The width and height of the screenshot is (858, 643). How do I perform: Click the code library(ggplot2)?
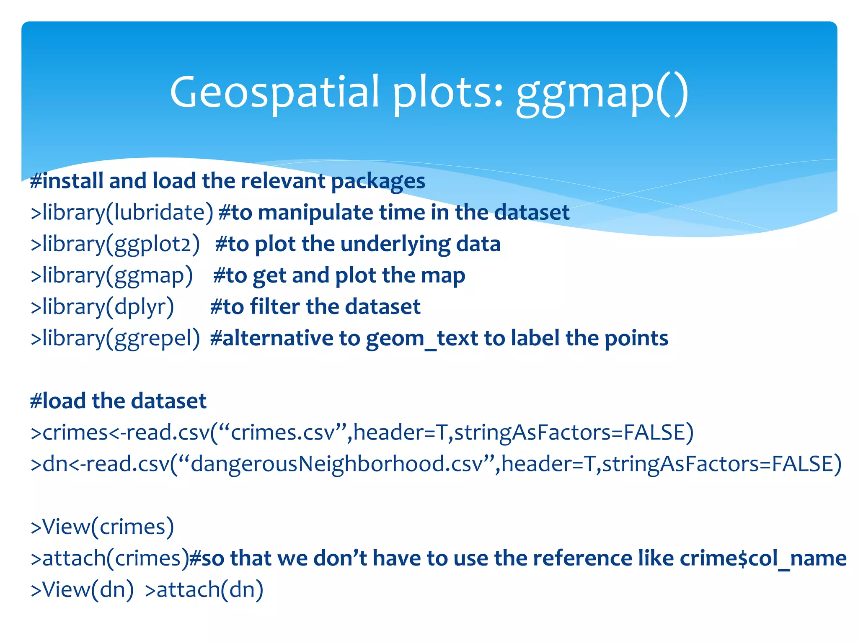116,244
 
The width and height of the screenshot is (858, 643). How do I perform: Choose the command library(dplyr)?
103,307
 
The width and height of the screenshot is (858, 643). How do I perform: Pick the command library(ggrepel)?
116,338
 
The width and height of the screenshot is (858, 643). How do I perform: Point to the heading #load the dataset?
119,401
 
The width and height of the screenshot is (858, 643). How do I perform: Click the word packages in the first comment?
378,181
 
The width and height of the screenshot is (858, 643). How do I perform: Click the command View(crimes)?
103,527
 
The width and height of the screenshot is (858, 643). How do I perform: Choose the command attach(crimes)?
110,558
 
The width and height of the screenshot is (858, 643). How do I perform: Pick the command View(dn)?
83,589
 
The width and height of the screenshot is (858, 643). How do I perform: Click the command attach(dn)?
204,589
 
